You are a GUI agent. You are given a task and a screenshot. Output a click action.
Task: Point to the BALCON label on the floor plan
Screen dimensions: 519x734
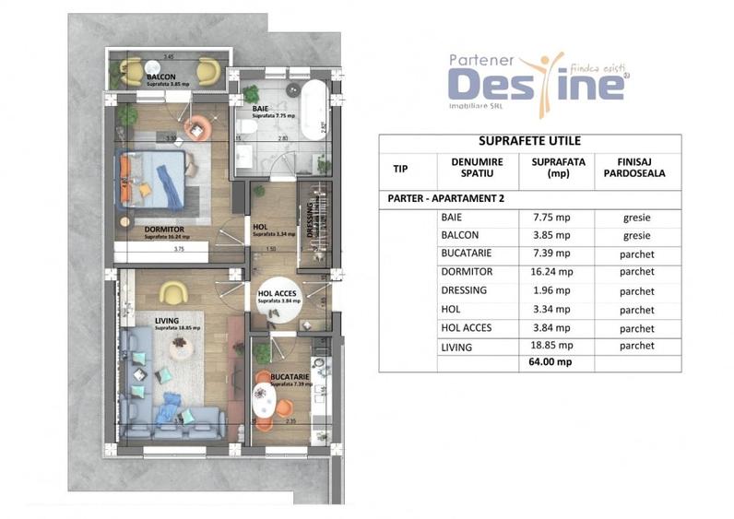[x=162, y=77]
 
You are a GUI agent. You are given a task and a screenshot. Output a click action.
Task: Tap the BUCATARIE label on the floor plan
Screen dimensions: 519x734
[x=290, y=377]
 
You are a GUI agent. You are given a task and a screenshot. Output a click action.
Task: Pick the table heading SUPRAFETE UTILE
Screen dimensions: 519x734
[x=529, y=142]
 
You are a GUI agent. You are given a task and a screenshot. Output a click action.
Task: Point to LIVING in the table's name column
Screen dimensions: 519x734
[x=457, y=347]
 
